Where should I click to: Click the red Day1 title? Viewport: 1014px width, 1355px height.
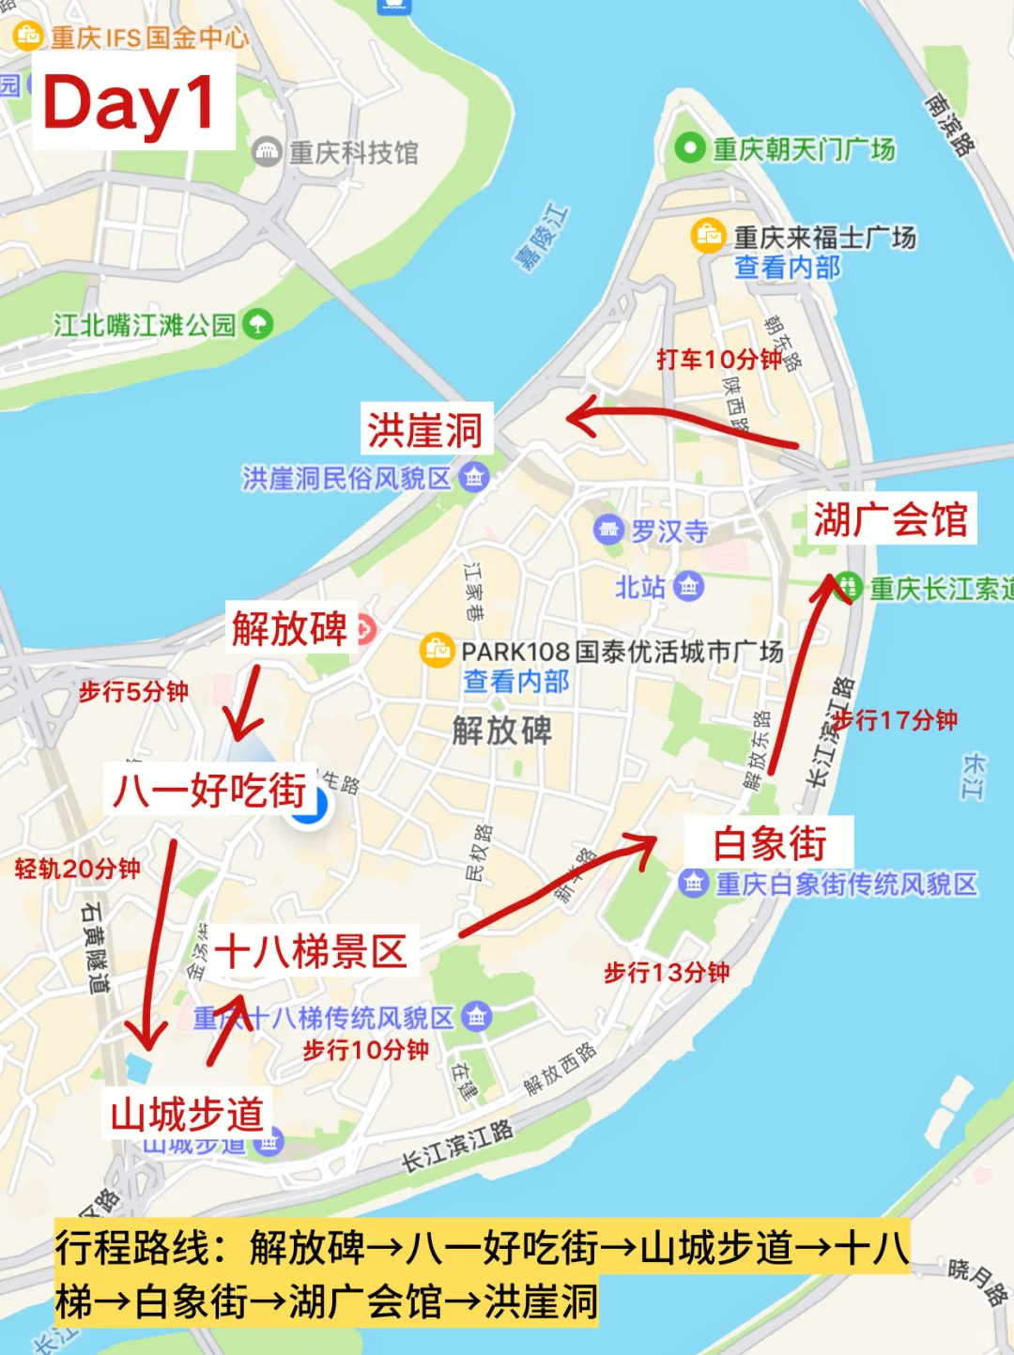131,102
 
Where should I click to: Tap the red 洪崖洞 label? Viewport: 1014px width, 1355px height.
424,430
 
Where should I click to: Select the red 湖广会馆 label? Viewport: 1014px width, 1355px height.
890,518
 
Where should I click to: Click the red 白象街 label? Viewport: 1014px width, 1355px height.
769,842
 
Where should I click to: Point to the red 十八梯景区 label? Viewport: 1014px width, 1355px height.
311,951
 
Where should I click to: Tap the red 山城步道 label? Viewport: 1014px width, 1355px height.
188,1115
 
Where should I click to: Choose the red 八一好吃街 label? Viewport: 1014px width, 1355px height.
210,790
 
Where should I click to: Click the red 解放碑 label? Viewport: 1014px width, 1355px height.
289,628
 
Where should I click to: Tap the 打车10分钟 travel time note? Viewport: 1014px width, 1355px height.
719,359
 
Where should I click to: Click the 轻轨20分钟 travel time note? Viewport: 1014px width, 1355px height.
78,869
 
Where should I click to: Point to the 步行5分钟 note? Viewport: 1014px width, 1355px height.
133,692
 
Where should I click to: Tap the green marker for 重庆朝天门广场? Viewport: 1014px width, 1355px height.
690,147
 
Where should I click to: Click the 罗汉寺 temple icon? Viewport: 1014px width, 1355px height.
608,530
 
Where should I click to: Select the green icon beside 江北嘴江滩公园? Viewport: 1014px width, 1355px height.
257,325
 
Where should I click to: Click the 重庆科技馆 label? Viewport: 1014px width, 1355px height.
353,152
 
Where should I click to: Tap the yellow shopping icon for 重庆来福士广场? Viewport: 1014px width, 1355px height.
708,235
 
